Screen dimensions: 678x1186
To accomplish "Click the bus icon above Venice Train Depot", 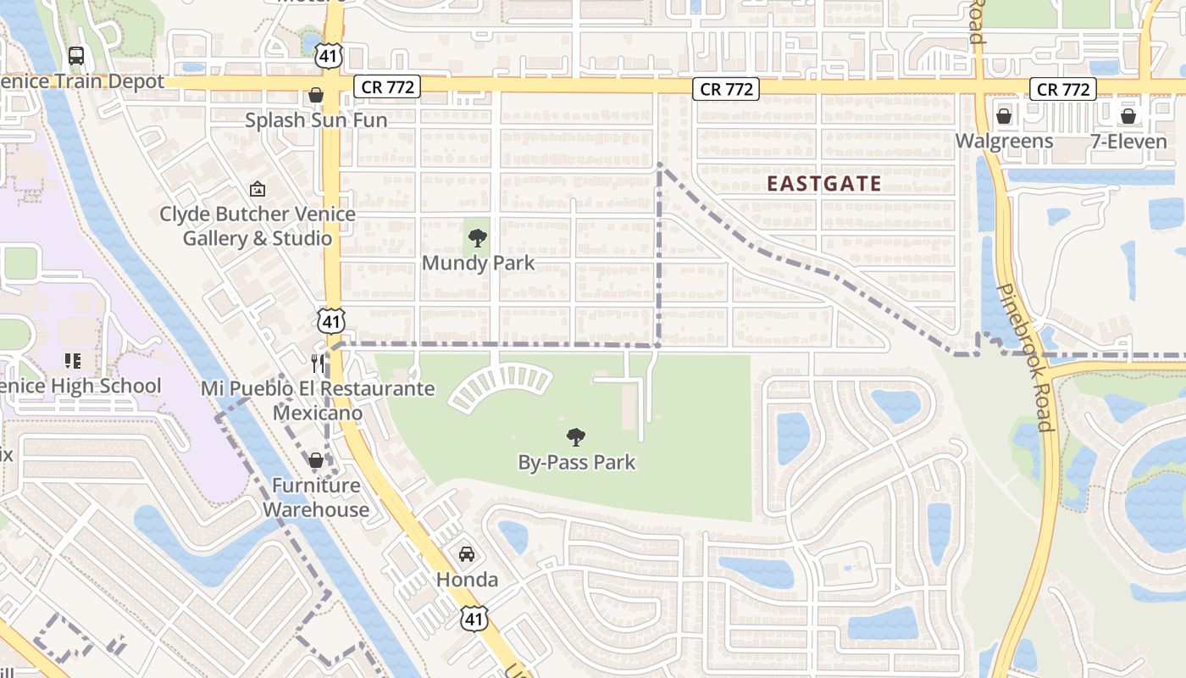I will pos(76,56).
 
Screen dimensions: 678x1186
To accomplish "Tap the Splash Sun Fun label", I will pos(316,120).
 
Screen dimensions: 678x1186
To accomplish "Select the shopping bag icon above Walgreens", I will pos(1004,115).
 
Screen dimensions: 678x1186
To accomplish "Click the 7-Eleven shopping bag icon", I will pos(1128,115).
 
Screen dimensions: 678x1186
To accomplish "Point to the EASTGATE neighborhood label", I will pos(824,184).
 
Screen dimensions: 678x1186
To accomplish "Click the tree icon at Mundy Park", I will pos(478,238).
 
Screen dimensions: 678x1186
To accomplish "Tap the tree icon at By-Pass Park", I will pos(576,438).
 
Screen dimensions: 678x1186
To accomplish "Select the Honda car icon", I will pos(466,554).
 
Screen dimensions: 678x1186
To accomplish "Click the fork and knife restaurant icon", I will pos(318,364).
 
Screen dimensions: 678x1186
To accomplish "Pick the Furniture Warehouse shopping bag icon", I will pos(316,460).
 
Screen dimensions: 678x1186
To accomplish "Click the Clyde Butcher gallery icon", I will pos(258,189).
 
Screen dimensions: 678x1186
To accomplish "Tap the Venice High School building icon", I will pos(73,361).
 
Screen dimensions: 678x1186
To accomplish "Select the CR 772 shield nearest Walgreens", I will pos(1062,89).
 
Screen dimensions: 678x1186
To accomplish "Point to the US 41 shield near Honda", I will pos(474,618).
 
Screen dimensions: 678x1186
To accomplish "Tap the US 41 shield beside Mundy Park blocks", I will pos(331,320).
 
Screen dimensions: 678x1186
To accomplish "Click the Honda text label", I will pos(467,580).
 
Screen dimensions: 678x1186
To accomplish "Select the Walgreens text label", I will pos(1004,141).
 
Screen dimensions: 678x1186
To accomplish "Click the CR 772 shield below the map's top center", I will pos(725,89).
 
